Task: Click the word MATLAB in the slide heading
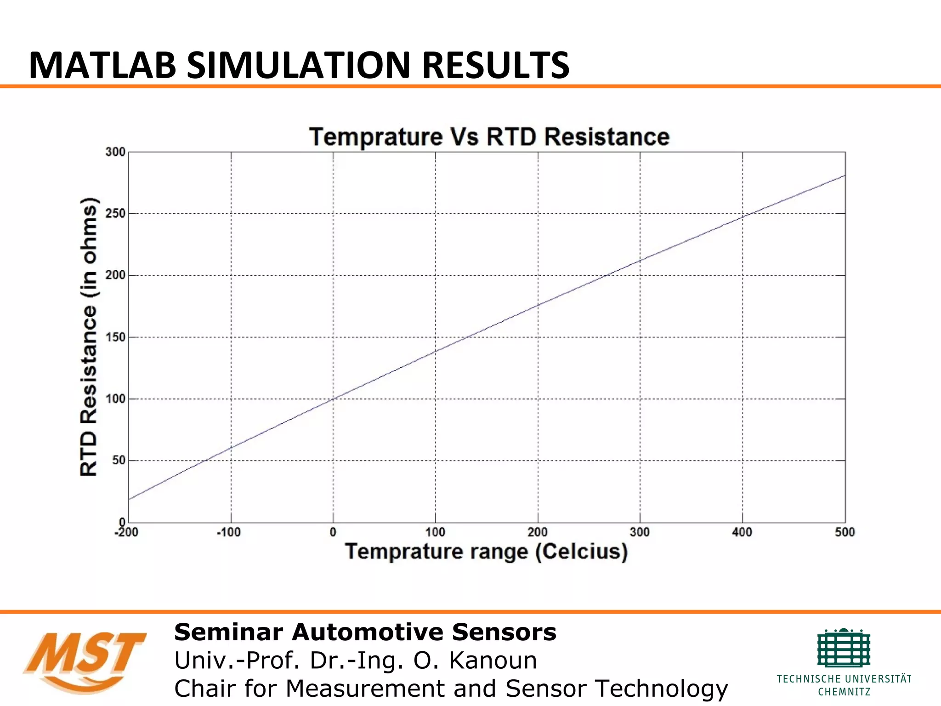102,65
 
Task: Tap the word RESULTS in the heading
496,65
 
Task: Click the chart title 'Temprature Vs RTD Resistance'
489,137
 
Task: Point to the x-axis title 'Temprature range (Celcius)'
486,552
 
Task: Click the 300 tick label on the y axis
115,152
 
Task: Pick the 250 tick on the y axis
115,214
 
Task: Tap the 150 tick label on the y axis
115,337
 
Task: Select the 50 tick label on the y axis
119,461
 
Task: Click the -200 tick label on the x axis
126,533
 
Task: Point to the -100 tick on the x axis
228,533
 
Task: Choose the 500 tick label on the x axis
845,533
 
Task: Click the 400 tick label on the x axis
742,533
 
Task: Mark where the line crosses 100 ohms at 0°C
333,399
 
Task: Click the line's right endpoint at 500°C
845,175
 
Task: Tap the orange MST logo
85,661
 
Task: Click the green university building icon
844,648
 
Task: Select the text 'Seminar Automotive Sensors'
365,632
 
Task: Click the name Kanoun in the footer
493,661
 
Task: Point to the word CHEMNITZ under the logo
844,692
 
